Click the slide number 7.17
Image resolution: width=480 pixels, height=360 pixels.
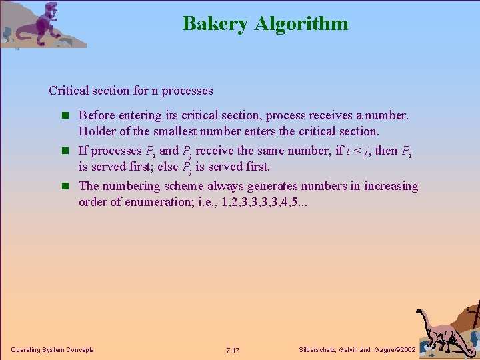[x=233, y=350]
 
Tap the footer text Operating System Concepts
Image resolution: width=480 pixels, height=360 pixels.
[x=53, y=350]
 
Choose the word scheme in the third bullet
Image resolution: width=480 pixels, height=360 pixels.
[x=182, y=186]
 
